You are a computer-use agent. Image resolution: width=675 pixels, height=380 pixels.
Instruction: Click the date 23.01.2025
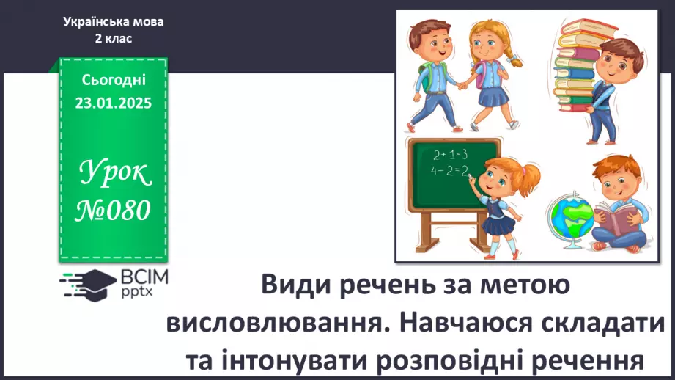point(113,103)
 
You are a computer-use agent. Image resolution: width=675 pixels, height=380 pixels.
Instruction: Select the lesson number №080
point(114,211)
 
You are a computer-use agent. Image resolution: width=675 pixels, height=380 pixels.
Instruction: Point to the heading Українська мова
point(114,22)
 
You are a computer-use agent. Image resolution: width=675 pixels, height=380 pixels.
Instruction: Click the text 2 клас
point(114,38)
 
